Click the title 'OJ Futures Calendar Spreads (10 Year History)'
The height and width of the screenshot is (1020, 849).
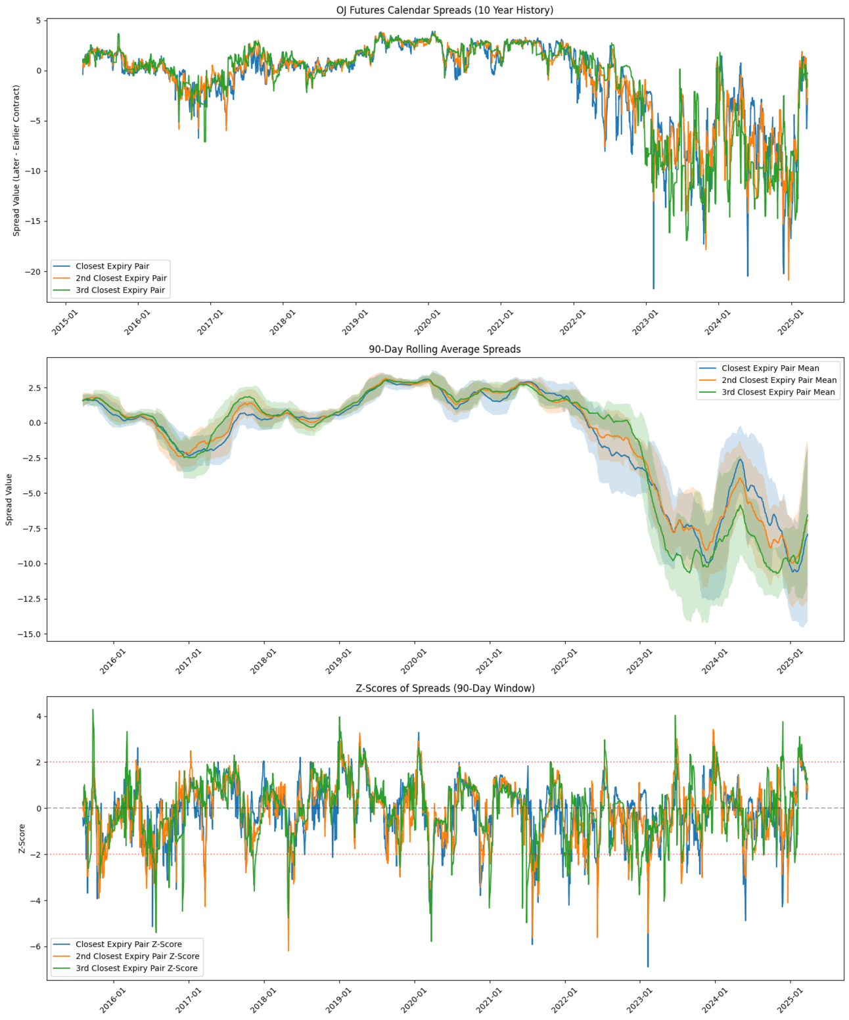point(444,10)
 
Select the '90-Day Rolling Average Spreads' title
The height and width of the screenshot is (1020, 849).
point(444,349)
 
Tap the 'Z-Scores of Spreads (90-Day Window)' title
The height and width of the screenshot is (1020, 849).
point(444,688)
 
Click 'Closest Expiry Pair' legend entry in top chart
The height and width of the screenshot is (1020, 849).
point(112,266)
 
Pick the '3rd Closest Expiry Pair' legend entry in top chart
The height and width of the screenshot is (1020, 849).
point(120,290)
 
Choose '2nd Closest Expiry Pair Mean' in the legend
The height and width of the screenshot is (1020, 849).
point(779,380)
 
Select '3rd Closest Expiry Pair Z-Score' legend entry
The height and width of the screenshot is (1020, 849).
point(136,968)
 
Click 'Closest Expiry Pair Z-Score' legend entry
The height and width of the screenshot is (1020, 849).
point(128,944)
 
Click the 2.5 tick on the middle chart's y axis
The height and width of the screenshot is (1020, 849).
point(34,388)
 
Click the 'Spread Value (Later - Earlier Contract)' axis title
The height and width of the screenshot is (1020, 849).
point(16,160)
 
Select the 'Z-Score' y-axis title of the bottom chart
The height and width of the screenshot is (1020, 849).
point(22,839)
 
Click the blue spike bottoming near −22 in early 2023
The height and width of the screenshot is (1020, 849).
point(653,287)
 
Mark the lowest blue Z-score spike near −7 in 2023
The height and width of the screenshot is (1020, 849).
point(648,965)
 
